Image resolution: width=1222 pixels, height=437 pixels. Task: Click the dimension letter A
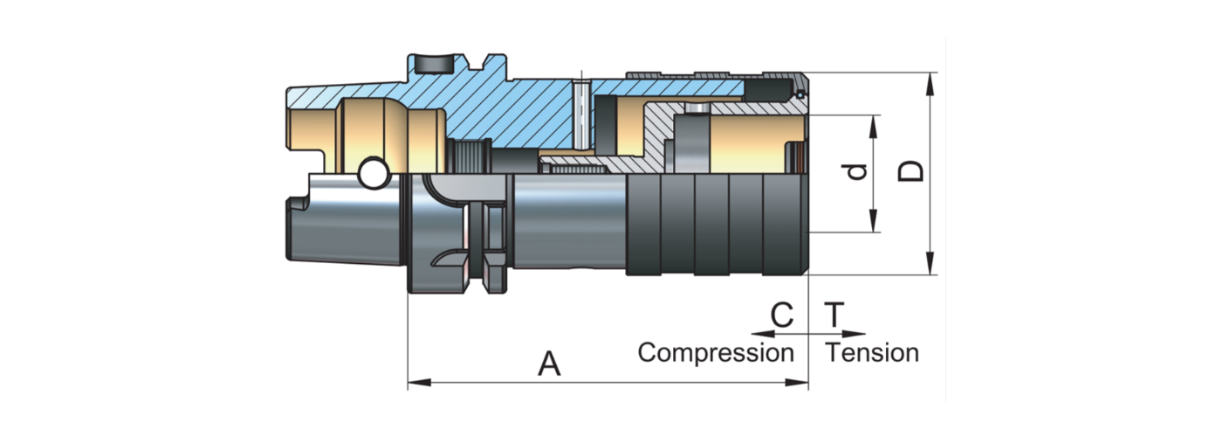[x=548, y=364]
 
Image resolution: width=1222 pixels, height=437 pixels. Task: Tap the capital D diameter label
[x=911, y=171]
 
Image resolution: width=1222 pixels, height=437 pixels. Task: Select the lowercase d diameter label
[x=859, y=171]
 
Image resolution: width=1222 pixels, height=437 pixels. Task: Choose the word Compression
[x=716, y=353]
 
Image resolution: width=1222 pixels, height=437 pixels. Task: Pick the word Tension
[x=873, y=353]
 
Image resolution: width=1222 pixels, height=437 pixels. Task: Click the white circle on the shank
[x=374, y=174]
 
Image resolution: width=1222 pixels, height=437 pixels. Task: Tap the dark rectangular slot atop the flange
[x=434, y=65]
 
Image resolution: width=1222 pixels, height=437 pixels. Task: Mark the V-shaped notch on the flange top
[x=477, y=65]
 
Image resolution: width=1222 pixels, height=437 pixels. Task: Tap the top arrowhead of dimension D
[x=931, y=79]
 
